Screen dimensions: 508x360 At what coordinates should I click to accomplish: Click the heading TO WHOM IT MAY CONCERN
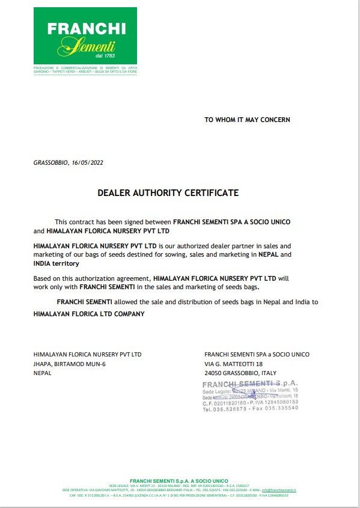[x=247, y=120]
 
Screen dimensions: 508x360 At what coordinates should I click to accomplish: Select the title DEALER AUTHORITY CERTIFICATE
[x=168, y=193]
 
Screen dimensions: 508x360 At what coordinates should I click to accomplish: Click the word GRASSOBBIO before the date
[x=50, y=162]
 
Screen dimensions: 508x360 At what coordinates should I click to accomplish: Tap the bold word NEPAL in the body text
[x=269, y=255]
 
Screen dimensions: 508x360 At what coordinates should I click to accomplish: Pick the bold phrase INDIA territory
[x=56, y=264]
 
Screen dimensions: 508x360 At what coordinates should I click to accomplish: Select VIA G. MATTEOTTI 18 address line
[x=234, y=364]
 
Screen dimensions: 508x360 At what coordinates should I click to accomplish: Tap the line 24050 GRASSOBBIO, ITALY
[x=240, y=373]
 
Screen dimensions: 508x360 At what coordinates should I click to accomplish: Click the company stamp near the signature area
[x=250, y=396]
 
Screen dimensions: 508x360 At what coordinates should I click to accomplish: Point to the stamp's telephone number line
[x=250, y=409]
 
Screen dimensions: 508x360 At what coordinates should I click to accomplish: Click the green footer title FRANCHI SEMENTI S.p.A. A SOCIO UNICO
[x=179, y=482]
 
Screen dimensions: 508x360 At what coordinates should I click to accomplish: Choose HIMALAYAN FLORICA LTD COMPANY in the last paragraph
[x=89, y=313]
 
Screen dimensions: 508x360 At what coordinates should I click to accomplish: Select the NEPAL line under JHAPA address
[x=43, y=373]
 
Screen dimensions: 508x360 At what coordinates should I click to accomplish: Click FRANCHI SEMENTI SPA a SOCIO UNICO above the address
[x=248, y=354]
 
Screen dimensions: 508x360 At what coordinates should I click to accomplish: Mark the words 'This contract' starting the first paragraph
[x=74, y=222]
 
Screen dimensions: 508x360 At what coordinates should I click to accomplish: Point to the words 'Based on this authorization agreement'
[x=91, y=279]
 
